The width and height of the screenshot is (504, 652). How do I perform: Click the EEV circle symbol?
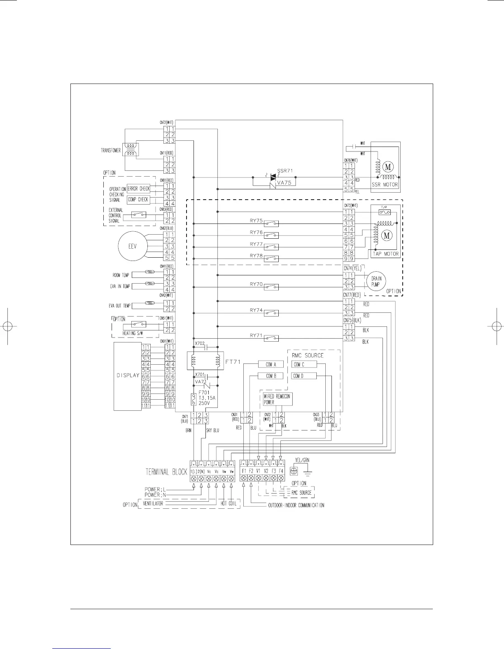click(132, 246)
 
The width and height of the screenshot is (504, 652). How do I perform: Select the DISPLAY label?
click(128, 375)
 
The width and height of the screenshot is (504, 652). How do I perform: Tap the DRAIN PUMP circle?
click(376, 282)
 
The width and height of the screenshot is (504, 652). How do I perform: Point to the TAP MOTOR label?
click(386, 254)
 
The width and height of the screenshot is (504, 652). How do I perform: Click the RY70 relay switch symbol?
click(271, 287)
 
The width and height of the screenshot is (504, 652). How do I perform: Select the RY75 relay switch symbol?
click(271, 224)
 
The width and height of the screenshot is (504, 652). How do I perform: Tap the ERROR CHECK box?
click(138, 189)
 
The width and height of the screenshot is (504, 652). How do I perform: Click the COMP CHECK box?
click(138, 200)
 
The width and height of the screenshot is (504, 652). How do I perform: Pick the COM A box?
click(270, 364)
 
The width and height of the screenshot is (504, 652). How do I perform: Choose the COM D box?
click(304, 376)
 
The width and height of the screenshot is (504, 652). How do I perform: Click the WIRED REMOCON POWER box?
click(277, 399)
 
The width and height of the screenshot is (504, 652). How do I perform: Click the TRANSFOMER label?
click(111, 150)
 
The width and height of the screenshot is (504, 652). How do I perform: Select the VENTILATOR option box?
click(153, 503)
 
